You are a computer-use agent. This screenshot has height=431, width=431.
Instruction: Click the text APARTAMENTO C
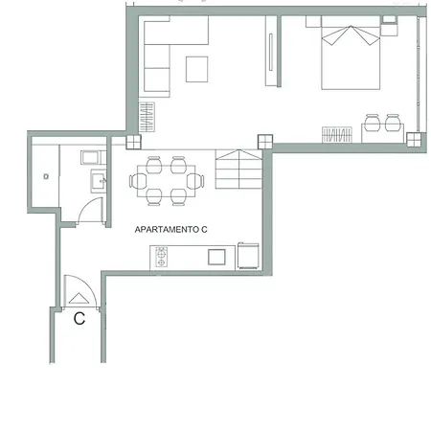pos(170,229)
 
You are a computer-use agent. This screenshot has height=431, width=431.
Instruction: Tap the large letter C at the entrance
pos(79,318)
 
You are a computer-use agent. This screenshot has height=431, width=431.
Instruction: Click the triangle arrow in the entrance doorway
pos(79,298)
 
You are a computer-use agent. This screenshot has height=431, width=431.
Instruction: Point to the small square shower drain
pos(46,176)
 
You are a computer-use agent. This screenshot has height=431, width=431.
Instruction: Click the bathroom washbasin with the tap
pos(99,181)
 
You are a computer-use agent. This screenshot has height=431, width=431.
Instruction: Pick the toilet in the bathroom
pos(93,157)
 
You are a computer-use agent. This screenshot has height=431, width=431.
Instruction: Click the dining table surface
pos(166,181)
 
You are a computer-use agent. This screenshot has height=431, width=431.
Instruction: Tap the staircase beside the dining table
pos(238,169)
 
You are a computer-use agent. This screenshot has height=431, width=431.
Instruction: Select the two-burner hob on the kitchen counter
pos(161,257)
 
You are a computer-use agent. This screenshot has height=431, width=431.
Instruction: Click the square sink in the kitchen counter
pos(216,257)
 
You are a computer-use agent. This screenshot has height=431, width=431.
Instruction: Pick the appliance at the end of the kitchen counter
pos(248,256)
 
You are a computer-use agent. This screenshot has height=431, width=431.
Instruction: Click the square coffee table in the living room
pos(197,69)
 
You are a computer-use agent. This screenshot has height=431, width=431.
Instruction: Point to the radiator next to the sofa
pos(147,117)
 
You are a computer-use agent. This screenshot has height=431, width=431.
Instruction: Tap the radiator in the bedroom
pos(337,134)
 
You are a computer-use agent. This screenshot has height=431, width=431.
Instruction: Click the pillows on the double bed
pos(351,35)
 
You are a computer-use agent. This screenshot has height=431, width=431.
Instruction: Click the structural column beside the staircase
pos(265,142)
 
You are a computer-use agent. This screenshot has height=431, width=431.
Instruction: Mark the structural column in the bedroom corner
pos(414,140)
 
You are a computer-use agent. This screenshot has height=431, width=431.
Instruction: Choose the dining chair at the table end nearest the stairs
pos(195,181)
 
